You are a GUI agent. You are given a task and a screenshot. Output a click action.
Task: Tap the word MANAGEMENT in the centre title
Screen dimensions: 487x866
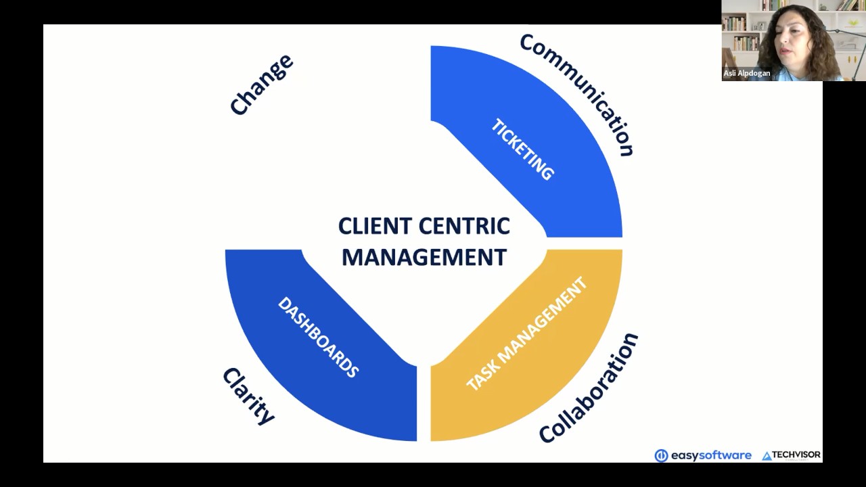click(424, 258)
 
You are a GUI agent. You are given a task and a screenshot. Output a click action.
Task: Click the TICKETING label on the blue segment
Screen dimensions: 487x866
click(522, 149)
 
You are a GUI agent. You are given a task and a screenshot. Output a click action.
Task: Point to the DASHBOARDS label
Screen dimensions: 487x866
click(318, 337)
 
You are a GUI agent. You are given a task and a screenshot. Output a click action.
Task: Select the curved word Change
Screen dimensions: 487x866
click(261, 85)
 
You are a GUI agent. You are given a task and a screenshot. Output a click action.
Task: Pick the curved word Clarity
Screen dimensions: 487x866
click(248, 396)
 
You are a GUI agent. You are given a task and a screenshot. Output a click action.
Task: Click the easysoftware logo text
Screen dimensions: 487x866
click(710, 455)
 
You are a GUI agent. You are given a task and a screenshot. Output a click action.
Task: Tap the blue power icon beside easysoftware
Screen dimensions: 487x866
click(661, 456)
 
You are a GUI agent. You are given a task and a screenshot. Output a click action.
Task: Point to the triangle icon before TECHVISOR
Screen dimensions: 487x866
click(767, 457)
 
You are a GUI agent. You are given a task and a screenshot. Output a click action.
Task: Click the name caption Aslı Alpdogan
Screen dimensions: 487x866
click(747, 73)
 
